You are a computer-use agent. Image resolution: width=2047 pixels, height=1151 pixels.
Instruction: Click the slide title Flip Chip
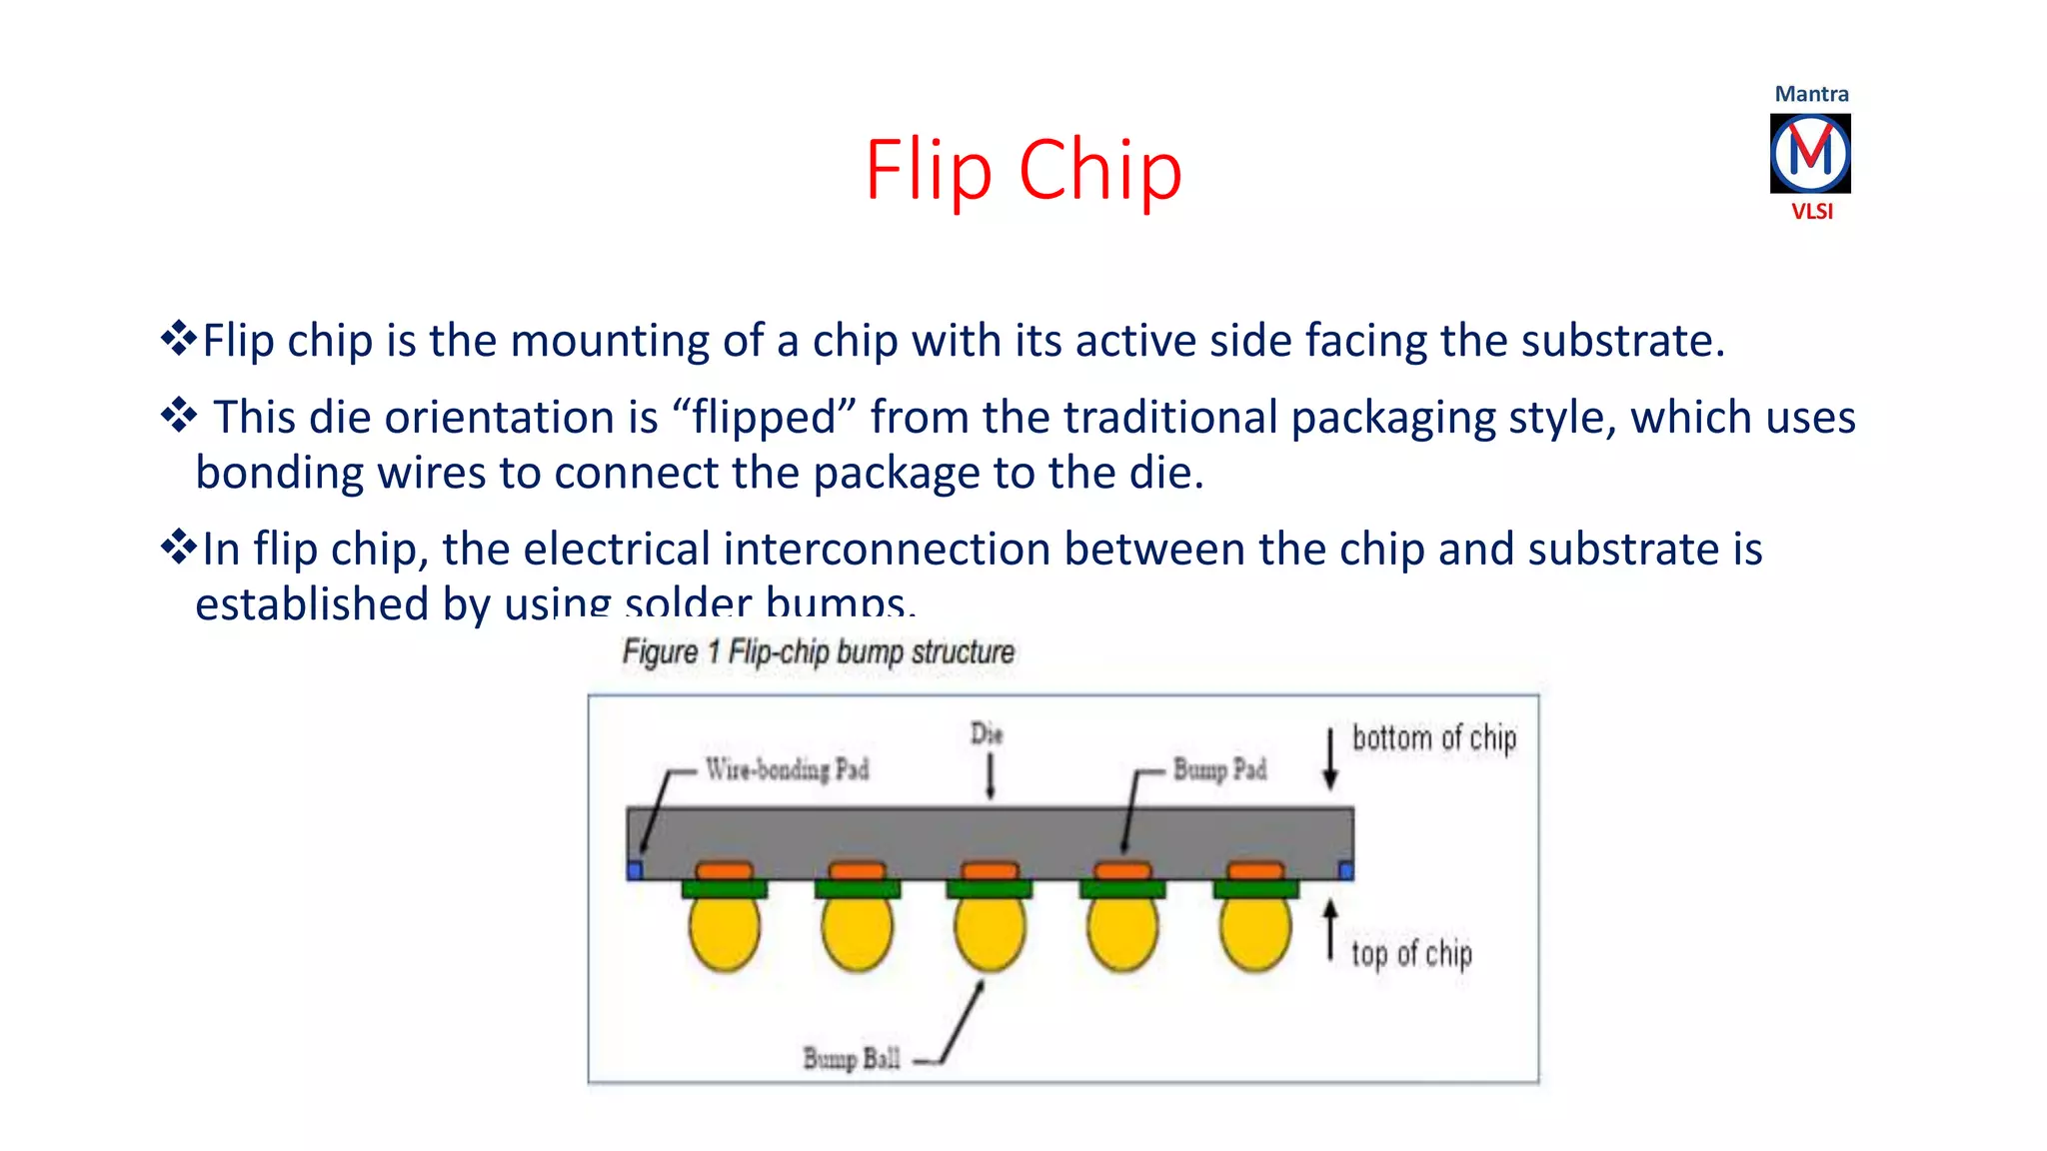pyautogui.click(x=1023, y=170)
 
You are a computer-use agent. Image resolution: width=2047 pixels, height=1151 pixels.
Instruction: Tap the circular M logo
pyautogui.click(x=1810, y=153)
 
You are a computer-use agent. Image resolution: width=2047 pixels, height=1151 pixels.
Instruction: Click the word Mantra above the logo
pyautogui.click(x=1811, y=94)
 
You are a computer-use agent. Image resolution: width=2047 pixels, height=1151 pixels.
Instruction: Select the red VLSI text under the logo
pyautogui.click(x=1811, y=212)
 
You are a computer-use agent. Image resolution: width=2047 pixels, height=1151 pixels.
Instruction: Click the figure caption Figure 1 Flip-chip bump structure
pyautogui.click(x=818, y=652)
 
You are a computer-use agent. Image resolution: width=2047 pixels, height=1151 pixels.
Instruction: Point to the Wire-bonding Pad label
pyautogui.click(x=787, y=769)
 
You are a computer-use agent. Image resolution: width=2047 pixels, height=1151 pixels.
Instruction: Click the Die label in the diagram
pyautogui.click(x=987, y=734)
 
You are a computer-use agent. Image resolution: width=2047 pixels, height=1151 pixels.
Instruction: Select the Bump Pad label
pyautogui.click(x=1219, y=769)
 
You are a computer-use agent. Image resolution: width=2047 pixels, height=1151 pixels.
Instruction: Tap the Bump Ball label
pyautogui.click(x=852, y=1058)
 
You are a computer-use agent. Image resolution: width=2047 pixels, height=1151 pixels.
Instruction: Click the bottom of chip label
pyautogui.click(x=1434, y=738)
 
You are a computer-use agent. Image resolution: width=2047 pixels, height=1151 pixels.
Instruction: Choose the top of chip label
pyautogui.click(x=1411, y=954)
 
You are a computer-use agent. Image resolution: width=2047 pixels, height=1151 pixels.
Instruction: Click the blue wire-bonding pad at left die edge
pyautogui.click(x=635, y=871)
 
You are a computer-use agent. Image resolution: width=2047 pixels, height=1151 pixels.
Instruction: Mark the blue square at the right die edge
pyautogui.click(x=1345, y=871)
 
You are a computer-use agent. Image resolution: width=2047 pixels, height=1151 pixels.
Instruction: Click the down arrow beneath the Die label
pyautogui.click(x=991, y=777)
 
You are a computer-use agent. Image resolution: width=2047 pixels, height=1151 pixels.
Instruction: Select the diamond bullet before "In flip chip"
pyautogui.click(x=179, y=547)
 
